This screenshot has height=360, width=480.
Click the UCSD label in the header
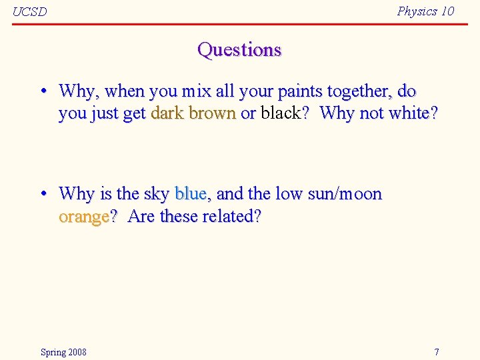pos(30,11)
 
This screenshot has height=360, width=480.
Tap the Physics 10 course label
pos(425,11)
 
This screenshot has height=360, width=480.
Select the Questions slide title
pos(239,50)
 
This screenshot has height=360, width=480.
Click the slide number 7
pos(437,351)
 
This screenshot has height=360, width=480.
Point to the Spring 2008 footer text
pos(63,351)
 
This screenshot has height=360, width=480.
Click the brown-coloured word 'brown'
pos(213,113)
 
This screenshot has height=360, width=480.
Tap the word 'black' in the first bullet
pos(281,113)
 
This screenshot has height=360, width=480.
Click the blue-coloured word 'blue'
pos(190,194)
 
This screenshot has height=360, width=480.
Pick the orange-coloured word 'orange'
pos(83,217)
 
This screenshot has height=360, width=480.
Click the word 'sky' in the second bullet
pos(156,194)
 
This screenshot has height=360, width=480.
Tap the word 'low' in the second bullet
pos(289,194)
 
